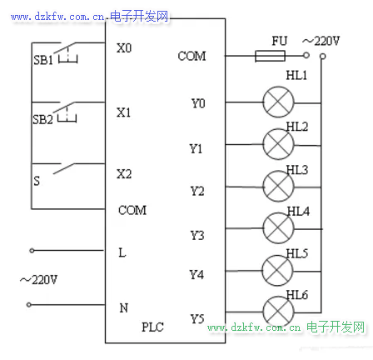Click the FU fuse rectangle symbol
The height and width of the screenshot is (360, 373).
270,56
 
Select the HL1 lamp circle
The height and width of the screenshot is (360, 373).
278,102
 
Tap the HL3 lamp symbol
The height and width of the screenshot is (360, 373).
278,187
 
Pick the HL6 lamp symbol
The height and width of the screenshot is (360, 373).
278,312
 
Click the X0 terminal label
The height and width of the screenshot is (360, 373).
124,48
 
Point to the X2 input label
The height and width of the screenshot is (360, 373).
124,174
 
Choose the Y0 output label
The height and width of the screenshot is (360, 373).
198,103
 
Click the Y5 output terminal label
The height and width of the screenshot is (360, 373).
197,319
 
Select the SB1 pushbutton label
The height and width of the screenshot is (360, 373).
43,60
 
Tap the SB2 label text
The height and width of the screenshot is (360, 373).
42,119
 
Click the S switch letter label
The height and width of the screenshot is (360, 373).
37,181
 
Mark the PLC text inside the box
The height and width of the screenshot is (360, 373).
152,327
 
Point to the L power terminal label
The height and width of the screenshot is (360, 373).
122,252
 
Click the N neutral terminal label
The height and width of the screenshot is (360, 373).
124,307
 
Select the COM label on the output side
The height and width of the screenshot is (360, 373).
191,56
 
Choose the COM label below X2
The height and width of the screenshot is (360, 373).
132,210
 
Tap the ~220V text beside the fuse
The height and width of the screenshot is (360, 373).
321,41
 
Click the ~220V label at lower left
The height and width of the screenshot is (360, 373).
38,280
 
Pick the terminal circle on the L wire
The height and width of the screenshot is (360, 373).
32,251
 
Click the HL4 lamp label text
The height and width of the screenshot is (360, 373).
298,212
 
